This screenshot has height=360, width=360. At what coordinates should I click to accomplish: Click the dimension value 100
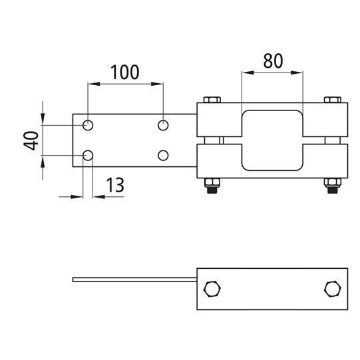pyautogui.click(x=125, y=72)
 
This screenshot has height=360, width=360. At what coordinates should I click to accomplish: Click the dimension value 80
pyautogui.click(x=273, y=61)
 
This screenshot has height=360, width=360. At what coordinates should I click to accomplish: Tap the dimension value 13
pyautogui.click(x=114, y=186)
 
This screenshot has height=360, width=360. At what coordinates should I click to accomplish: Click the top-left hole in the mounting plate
pyautogui.click(x=88, y=125)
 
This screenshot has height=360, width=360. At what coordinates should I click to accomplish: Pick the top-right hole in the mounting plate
pyautogui.click(x=163, y=125)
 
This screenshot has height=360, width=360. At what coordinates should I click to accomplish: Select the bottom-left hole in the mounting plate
pyautogui.click(x=88, y=156)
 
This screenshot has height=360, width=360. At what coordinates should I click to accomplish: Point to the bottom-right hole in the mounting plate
pyautogui.click(x=163, y=156)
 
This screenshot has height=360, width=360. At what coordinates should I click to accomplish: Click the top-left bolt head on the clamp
pyautogui.click(x=212, y=100)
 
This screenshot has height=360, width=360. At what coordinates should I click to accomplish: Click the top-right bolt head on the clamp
pyautogui.click(x=332, y=100)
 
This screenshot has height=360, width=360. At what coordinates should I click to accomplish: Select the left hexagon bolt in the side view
pyautogui.click(x=212, y=289)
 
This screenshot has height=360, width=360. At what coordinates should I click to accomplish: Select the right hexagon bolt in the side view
pyautogui.click(x=332, y=289)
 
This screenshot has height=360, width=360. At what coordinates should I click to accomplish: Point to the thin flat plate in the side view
pyautogui.click(x=133, y=279)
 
